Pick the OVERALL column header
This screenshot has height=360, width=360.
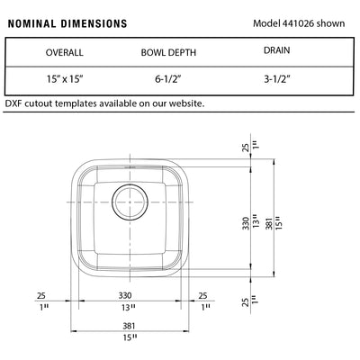(x=64, y=52)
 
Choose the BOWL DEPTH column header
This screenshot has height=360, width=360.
(x=168, y=52)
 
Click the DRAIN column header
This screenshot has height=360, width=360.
(x=276, y=50)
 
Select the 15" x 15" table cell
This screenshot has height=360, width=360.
(x=64, y=79)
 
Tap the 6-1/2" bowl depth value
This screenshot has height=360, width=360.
(x=168, y=79)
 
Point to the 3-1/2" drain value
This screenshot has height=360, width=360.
(x=277, y=79)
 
